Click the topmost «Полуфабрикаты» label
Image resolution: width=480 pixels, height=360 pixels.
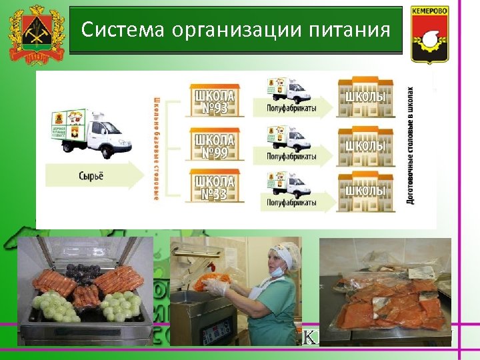tap(291, 108)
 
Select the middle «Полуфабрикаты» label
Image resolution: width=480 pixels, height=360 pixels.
tap(291, 157)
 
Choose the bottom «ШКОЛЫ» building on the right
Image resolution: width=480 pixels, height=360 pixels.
tap(365, 190)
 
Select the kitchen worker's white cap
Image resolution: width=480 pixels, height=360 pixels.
tap(285, 254)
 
